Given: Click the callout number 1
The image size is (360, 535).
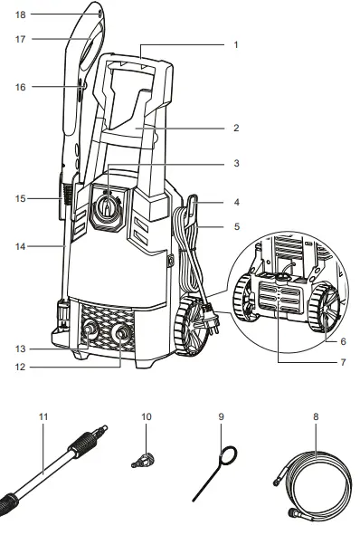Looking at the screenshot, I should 235,44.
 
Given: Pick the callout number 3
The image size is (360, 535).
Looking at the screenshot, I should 235,164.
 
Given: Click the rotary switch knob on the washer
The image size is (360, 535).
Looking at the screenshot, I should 108,208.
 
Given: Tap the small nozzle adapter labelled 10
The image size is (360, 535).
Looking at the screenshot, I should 139,461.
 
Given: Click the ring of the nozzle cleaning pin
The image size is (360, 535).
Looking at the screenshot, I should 231,455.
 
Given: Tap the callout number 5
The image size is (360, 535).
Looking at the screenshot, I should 235,226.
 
